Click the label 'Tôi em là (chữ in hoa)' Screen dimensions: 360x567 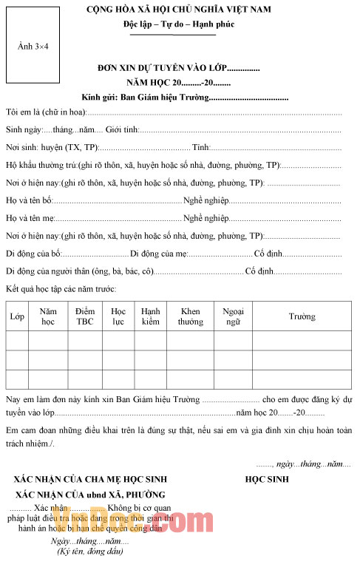[x=46, y=112]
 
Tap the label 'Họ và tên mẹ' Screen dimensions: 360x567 [x=30, y=218]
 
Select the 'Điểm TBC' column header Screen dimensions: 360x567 [x=85, y=316]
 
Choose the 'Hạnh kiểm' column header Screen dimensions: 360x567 [x=150, y=316]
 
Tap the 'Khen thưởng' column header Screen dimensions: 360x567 [x=190, y=316]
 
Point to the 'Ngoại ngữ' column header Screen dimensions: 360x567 [x=233, y=316]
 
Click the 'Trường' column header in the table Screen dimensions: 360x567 [x=302, y=316]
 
